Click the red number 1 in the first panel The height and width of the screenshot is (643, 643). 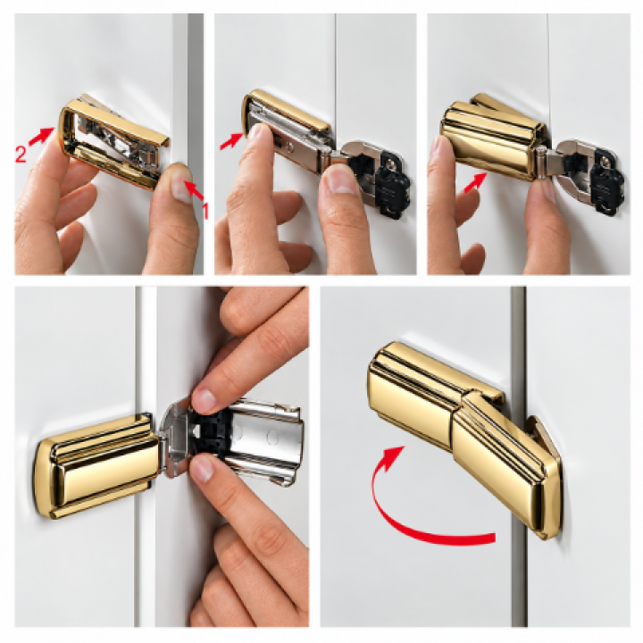205,211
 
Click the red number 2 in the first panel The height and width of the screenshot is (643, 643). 21,154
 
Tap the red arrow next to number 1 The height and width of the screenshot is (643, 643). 194,191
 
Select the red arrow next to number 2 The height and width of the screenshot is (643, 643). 41,136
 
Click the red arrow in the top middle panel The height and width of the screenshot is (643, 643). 231,140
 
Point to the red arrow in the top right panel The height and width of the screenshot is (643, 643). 475,182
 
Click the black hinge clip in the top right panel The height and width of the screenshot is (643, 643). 608,181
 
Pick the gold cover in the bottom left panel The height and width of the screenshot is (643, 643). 96,465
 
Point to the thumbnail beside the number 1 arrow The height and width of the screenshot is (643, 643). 181,188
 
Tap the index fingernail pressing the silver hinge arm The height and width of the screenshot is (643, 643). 255,133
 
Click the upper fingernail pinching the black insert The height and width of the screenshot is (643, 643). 204,400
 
